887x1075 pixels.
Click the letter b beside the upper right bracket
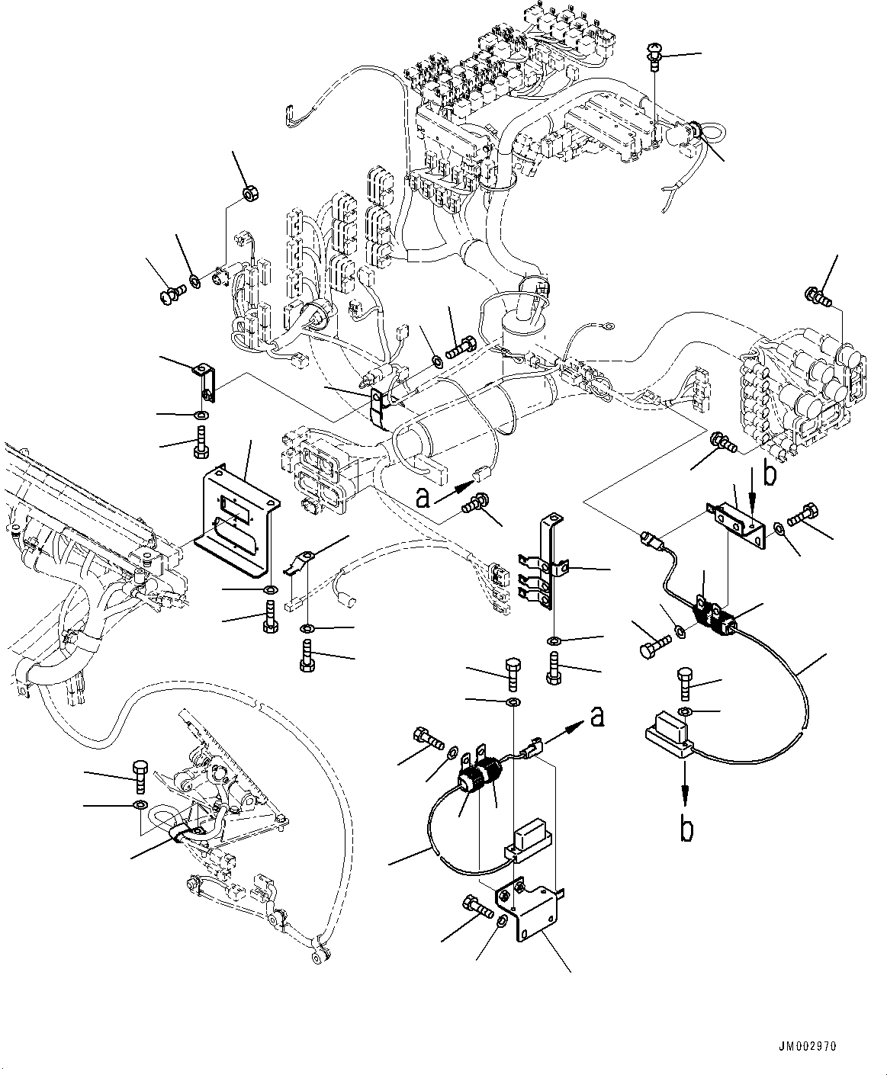770,473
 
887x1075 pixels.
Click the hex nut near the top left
249,194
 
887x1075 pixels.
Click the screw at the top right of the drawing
655,56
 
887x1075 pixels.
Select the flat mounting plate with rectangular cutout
234,525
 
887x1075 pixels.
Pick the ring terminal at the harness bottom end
318,955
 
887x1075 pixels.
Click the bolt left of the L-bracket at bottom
474,907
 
